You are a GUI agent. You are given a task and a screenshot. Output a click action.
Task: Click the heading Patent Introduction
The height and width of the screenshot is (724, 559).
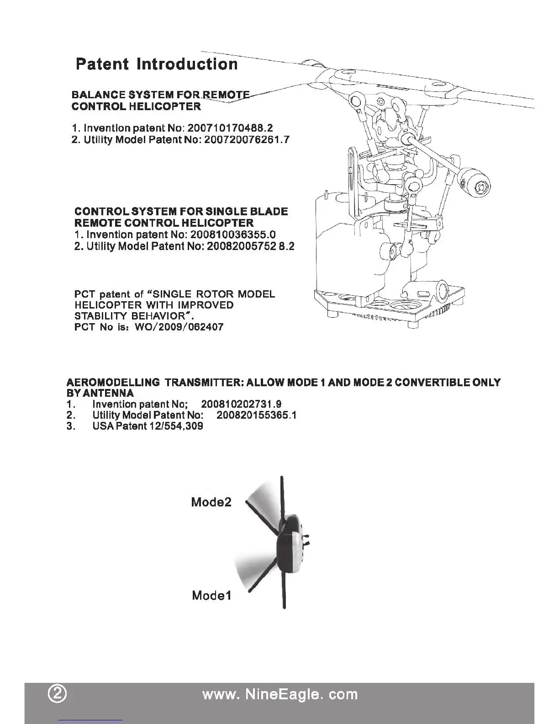tap(157, 64)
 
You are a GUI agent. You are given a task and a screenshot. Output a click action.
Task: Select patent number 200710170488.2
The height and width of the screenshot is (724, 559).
tap(230, 128)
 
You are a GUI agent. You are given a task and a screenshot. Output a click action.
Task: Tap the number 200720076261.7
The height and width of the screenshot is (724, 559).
tap(247, 139)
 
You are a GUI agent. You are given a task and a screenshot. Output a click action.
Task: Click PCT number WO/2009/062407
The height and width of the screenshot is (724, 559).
tap(179, 327)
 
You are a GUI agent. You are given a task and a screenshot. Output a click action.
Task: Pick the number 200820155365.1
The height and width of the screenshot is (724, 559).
tap(257, 415)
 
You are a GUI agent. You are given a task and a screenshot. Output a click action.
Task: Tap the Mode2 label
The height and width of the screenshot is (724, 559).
tap(211, 502)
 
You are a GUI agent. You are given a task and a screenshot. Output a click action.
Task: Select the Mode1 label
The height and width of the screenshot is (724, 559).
tap(211, 596)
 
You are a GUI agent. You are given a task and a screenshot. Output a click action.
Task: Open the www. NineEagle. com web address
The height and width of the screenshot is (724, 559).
tap(279, 694)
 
